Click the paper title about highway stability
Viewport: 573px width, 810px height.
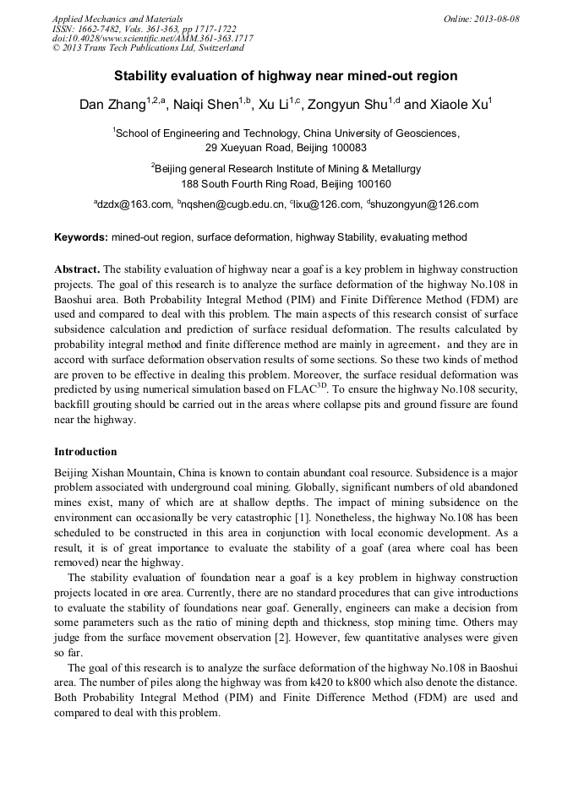click(x=286, y=76)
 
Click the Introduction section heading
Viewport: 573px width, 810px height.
click(x=85, y=452)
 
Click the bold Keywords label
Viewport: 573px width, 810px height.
click(x=80, y=237)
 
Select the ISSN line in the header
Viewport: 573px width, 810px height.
click(x=144, y=29)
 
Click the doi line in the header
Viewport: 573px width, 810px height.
click(x=152, y=38)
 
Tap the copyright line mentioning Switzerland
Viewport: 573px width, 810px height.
click(x=148, y=48)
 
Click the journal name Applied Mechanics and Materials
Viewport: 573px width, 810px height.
click(x=117, y=19)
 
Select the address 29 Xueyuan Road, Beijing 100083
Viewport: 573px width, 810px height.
click(x=286, y=147)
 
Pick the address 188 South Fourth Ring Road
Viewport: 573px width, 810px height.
click(x=286, y=183)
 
